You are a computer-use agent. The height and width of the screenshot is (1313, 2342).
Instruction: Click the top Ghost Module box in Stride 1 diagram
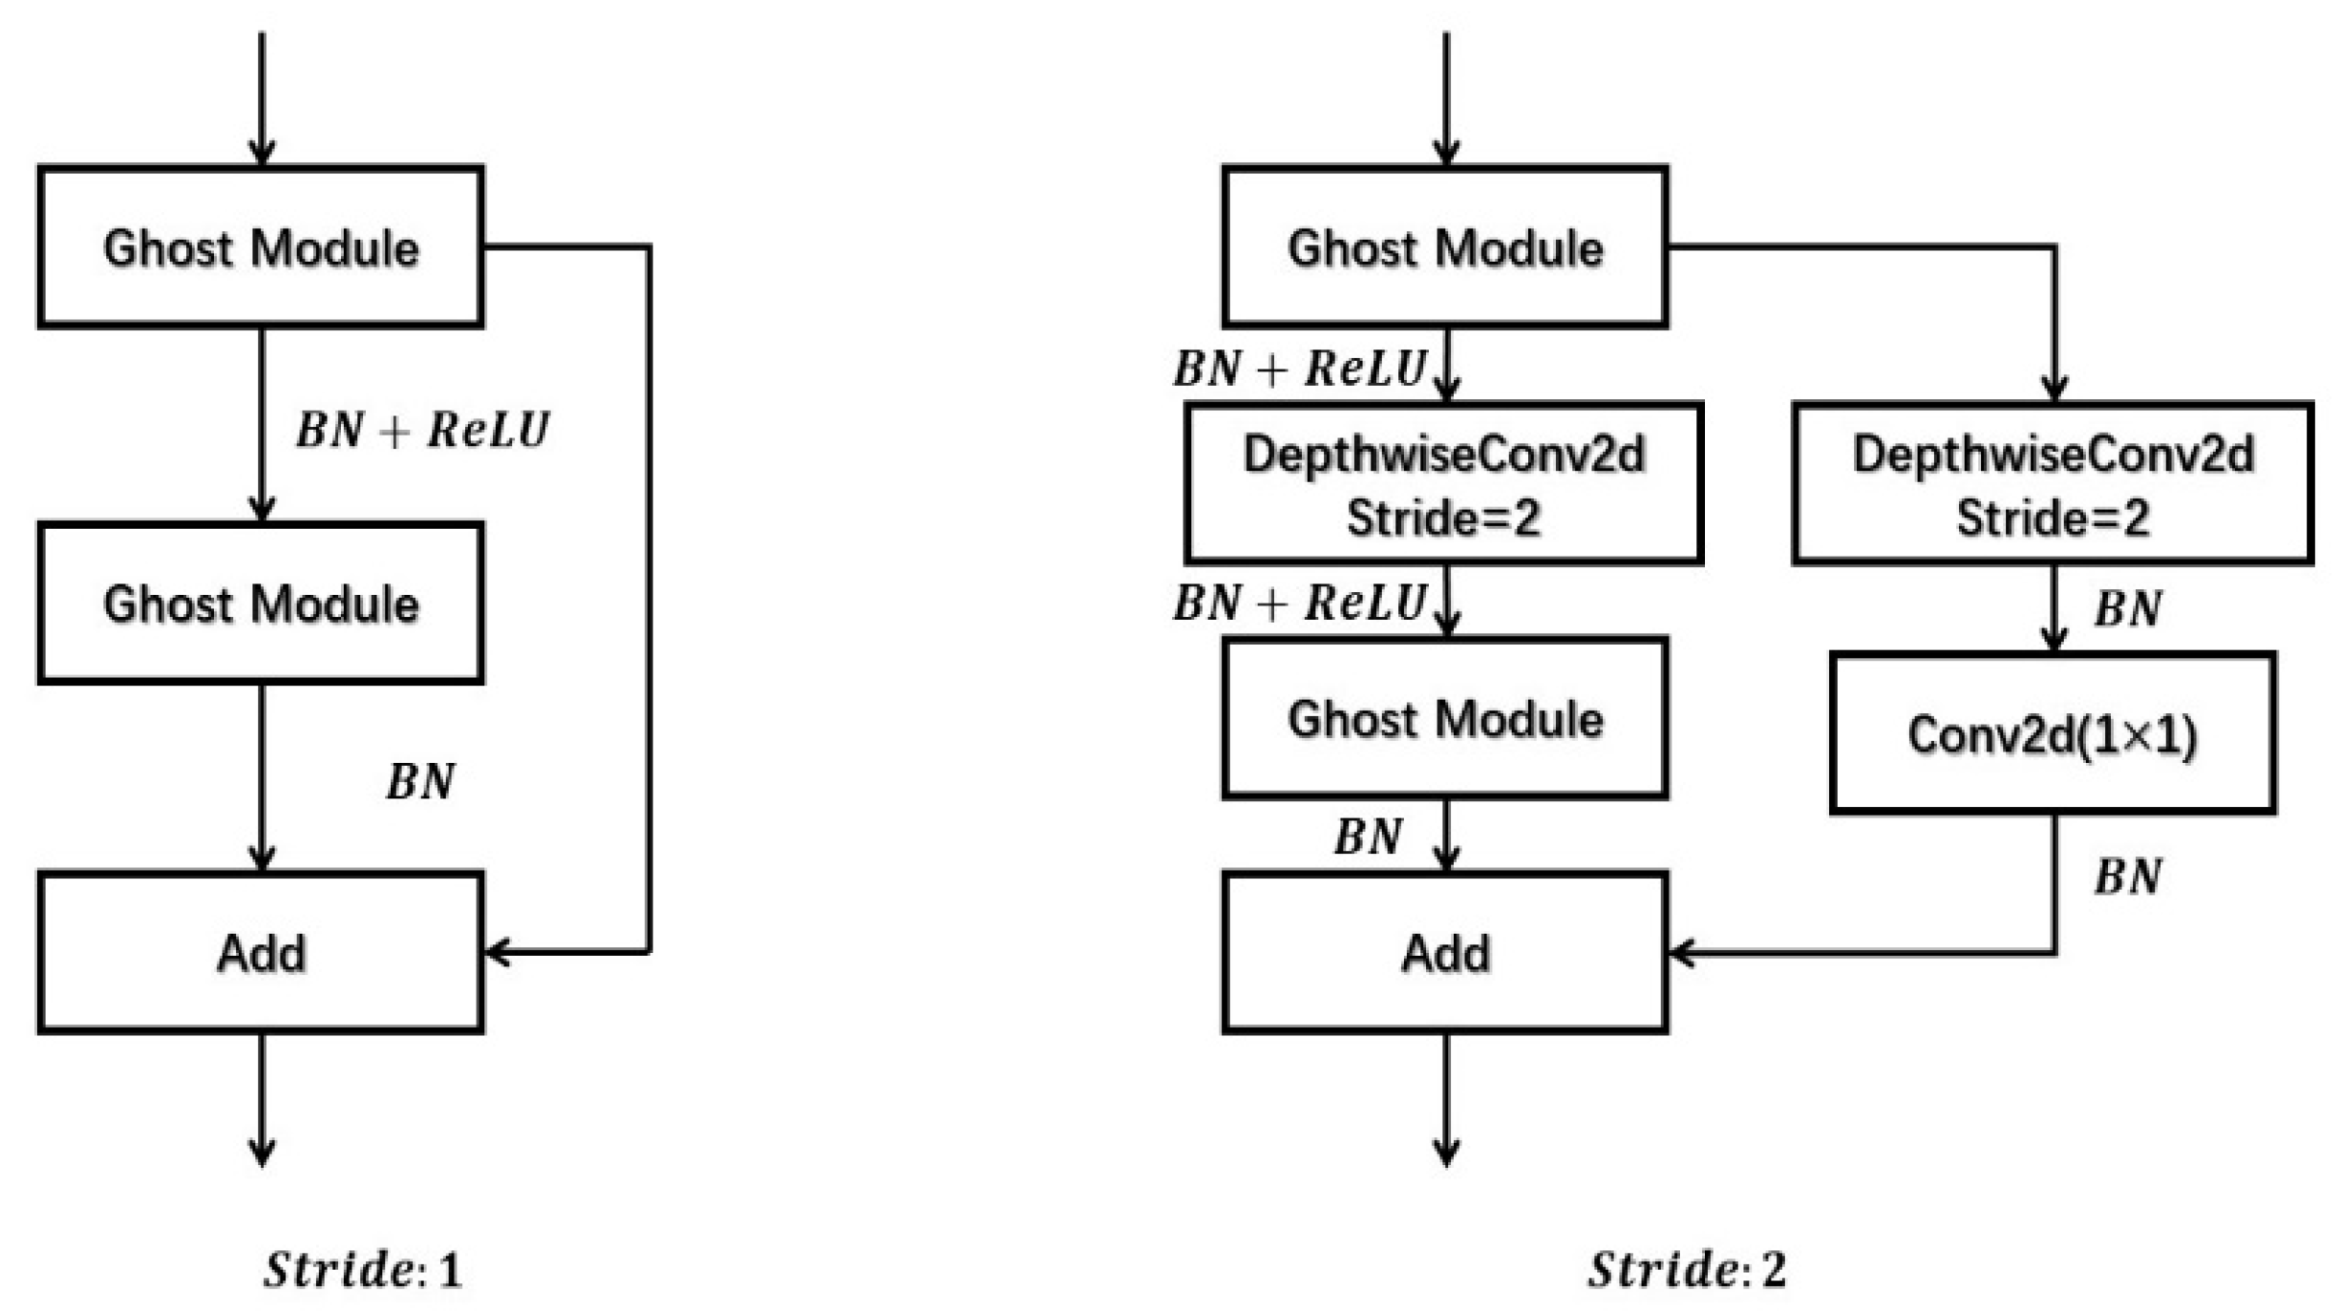[x=260, y=247]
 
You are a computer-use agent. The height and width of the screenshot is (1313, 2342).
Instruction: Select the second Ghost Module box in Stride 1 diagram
[x=260, y=604]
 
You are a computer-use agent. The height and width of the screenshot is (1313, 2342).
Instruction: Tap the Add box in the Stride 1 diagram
[x=260, y=952]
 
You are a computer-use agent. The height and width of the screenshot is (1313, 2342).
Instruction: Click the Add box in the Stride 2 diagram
[x=1444, y=952]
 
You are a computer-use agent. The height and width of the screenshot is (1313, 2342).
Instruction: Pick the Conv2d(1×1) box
[x=2052, y=733]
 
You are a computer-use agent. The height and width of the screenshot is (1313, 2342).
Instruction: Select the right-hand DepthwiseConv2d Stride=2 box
[x=2052, y=483]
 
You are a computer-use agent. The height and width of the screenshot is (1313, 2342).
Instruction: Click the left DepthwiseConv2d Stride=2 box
[x=1443, y=483]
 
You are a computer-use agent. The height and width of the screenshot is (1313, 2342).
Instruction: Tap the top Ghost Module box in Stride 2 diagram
[x=1444, y=247]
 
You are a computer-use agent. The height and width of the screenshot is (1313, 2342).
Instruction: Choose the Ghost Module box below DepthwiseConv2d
[x=1444, y=718]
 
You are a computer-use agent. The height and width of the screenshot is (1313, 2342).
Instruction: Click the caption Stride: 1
[x=363, y=1270]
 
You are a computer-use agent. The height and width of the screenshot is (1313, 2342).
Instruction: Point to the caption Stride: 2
[x=1687, y=1270]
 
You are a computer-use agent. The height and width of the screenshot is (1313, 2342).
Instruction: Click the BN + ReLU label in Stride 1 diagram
[x=422, y=430]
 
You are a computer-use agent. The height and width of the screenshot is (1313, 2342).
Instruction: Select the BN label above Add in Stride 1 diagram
[x=420, y=781]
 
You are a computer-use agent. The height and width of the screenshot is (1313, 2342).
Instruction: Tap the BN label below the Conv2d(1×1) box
[x=2128, y=877]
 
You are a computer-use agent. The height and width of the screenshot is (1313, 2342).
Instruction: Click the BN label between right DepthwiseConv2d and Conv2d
[x=2128, y=608]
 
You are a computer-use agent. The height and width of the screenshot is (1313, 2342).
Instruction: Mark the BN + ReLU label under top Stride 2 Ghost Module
[x=1299, y=369]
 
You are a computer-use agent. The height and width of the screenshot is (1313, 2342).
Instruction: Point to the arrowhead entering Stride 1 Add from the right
[x=497, y=952]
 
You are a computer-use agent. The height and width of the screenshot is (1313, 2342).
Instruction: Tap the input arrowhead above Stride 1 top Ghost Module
[x=262, y=153]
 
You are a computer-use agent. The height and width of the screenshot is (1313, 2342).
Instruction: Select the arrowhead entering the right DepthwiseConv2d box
[x=2055, y=389]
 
